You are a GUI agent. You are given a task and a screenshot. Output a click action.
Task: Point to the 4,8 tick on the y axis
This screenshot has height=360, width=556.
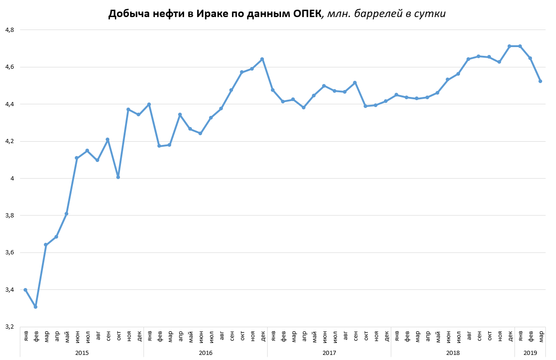pos(10,30)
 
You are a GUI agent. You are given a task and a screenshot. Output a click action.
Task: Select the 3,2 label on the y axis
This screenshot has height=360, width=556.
pos(10,327)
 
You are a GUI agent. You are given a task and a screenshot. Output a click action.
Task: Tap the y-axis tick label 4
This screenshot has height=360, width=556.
pos(12,179)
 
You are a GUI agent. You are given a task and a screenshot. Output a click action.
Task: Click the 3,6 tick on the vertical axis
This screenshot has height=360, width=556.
pos(10,252)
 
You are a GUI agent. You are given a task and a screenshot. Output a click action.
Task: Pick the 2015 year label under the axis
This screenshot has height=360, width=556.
pos(82,353)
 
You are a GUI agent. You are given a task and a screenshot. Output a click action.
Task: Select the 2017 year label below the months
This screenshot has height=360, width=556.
pos(329,353)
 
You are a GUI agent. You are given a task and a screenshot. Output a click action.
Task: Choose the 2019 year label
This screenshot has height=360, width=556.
pos(530,353)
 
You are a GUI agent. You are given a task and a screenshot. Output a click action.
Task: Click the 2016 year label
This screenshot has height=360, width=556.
pos(205,353)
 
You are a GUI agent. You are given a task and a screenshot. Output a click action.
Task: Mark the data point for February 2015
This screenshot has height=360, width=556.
pos(36,307)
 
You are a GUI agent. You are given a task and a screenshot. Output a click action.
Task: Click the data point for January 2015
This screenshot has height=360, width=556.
pos(25,290)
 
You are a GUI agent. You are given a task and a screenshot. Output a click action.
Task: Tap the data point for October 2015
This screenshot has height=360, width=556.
pos(118,177)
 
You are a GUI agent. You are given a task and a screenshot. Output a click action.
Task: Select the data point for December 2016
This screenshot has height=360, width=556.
pos(262,59)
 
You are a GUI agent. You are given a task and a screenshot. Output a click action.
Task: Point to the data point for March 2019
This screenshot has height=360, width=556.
pos(540,81)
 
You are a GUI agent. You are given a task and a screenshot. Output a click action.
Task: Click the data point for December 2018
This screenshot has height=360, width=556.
pos(509,46)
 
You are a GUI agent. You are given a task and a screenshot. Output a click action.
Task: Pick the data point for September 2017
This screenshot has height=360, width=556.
pos(355,83)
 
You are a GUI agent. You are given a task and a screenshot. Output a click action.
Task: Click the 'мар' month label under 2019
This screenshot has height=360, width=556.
pos(541,336)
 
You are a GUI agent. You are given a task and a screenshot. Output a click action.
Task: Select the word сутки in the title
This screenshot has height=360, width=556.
pos(431,14)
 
